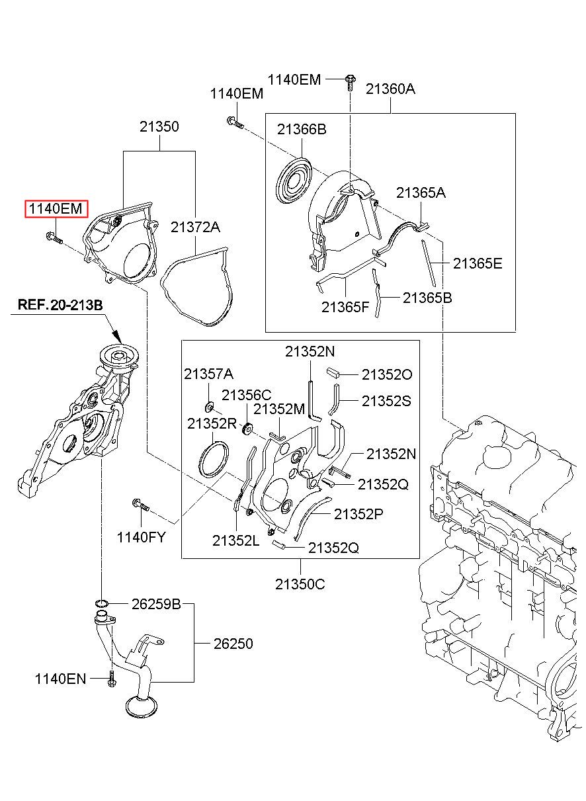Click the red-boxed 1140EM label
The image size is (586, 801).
[56, 208]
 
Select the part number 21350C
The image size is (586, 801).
[300, 584]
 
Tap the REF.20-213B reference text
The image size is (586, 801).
[60, 305]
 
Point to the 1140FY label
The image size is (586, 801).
[142, 536]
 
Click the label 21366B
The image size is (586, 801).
[302, 130]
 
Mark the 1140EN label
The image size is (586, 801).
[61, 679]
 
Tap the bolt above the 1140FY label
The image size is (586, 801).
[141, 505]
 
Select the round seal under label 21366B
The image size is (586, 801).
[294, 182]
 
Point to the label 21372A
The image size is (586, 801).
[195, 227]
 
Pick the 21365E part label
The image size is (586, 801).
[478, 263]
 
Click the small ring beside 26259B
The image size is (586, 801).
[102, 604]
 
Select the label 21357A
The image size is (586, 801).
[208, 374]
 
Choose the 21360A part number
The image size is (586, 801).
[390, 89]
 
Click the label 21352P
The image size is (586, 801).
[358, 514]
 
